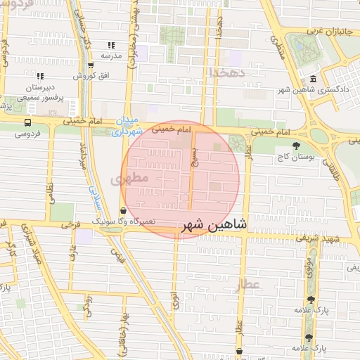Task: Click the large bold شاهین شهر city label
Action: tap(214, 225)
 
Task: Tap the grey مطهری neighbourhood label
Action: tap(130, 179)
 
